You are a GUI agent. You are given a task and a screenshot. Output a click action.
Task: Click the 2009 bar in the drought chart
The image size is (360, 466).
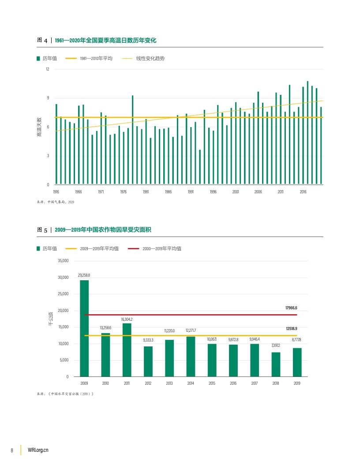point(84,328)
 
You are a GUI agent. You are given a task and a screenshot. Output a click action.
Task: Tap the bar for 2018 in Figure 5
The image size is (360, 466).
point(276,365)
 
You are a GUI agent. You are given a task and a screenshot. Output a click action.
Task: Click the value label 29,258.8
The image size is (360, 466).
point(84,275)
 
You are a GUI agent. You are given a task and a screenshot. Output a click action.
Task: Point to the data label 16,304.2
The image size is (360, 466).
point(127,319)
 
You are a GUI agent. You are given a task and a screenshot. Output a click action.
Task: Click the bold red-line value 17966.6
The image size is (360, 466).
point(291,308)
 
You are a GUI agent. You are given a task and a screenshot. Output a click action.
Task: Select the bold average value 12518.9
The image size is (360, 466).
point(291,329)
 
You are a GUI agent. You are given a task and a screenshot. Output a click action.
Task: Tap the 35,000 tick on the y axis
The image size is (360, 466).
point(63,261)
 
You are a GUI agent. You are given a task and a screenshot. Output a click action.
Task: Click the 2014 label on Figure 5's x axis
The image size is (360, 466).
point(191,383)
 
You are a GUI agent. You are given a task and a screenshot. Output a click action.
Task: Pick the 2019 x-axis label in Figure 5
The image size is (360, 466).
point(297,383)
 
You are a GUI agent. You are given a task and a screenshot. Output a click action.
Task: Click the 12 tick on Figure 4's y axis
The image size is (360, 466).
point(47,69)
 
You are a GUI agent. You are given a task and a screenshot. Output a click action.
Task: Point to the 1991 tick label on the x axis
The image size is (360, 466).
point(191,192)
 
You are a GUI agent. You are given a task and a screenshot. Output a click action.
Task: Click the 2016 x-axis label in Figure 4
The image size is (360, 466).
point(303,192)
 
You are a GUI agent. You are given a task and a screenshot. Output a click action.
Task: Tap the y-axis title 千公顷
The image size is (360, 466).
point(51,319)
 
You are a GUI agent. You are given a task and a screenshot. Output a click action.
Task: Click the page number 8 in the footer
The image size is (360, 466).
point(12,450)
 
